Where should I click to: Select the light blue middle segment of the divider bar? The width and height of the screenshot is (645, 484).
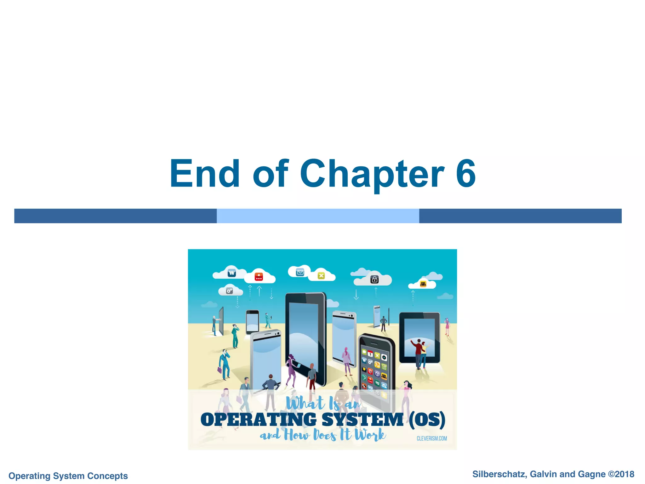318,216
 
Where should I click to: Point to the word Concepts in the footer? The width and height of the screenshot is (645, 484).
107,476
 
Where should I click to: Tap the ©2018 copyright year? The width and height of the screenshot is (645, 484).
621,474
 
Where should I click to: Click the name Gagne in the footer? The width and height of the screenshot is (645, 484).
591,474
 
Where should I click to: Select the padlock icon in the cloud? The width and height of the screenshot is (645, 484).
374,279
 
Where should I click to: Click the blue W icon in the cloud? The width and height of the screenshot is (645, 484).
232,273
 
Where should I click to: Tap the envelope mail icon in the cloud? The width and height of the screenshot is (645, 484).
300,272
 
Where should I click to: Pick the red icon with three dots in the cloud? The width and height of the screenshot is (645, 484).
259,277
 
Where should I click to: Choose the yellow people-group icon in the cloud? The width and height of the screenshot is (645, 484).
423,284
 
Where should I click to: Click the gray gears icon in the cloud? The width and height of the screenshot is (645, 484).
230,291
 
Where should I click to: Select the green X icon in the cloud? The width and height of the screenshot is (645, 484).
321,276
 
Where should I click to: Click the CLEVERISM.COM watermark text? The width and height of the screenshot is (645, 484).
431,438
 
